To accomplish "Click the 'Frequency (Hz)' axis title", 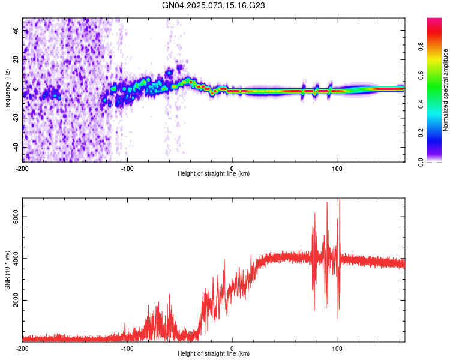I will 7,90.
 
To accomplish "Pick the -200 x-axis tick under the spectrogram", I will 23,168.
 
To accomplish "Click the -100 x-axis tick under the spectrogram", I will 127,168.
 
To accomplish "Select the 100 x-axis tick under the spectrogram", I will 337,168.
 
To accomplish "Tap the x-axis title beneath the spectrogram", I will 214,174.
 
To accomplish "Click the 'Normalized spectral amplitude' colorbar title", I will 446,90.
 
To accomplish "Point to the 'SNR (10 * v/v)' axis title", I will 7,270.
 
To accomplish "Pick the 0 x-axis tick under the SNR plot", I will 232,348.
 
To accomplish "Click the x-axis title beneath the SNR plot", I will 214,354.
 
